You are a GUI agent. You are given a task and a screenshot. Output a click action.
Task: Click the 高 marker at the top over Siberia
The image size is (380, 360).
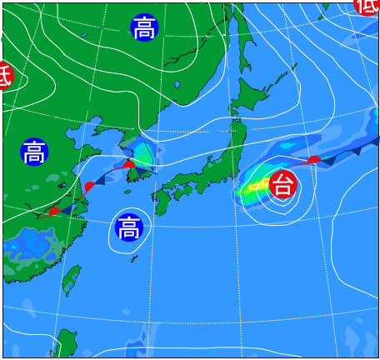click(x=143, y=28)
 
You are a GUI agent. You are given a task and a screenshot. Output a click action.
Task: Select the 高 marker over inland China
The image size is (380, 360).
click(x=34, y=152)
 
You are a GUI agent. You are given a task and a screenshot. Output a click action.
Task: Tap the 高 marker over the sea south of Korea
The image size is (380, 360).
click(x=128, y=227)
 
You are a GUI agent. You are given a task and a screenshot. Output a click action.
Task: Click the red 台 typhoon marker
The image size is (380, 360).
click(x=283, y=184)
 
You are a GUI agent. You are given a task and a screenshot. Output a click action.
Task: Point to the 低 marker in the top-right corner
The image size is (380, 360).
click(x=367, y=5)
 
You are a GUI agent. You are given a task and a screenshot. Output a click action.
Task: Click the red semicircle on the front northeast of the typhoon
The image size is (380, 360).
click(x=314, y=158)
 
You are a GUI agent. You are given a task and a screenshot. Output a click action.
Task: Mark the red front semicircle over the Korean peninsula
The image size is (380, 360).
click(x=128, y=164)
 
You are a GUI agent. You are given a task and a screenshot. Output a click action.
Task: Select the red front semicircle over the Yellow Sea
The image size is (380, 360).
click(x=89, y=185)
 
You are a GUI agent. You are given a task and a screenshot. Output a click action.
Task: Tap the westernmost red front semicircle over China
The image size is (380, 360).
click(x=54, y=211)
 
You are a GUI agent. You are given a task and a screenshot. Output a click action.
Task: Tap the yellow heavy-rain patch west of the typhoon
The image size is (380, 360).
click(x=251, y=187)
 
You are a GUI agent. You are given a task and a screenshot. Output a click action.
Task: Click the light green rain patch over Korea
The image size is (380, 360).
click(x=142, y=154)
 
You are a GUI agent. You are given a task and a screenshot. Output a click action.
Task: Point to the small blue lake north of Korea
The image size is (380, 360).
click(x=178, y=84)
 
